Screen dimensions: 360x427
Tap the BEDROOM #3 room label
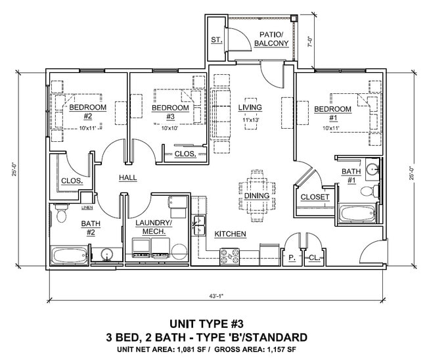[170, 108]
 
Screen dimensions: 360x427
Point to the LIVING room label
[250, 107]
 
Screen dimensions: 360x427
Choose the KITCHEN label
[230, 234]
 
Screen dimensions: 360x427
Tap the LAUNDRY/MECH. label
[153, 227]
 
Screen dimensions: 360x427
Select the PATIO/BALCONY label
[271, 39]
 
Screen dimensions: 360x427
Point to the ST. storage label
[215, 40]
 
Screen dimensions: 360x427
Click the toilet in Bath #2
[62, 214]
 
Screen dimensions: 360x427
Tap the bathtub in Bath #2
[69, 254]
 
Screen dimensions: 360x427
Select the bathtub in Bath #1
[357, 214]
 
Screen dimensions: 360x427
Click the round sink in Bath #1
[372, 169]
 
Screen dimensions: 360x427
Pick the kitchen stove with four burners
[229, 256]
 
